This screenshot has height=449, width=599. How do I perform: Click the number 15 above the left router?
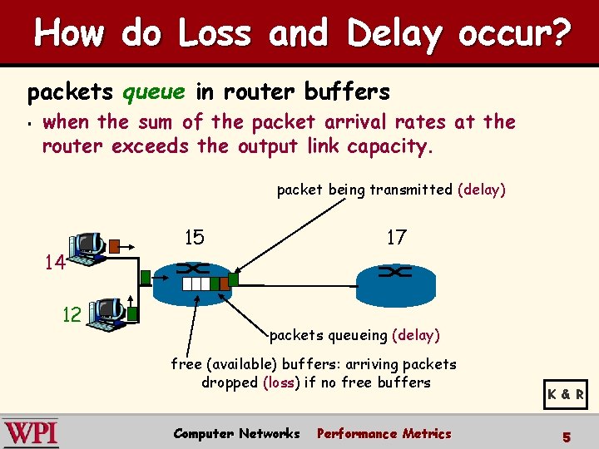coord(194,238)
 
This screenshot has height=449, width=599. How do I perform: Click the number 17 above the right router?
coord(396,238)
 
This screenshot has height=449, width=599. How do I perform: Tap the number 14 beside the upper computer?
coord(55,263)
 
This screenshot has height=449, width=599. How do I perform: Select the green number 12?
coord(72,314)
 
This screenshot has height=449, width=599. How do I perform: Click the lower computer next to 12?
coord(109,313)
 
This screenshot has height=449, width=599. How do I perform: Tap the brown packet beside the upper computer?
coord(115,245)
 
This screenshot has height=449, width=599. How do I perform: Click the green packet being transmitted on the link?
coord(233,280)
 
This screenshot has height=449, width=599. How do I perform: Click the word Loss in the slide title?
coord(215,34)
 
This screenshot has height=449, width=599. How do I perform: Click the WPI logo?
coord(31,433)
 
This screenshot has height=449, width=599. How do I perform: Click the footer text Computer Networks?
coord(236,433)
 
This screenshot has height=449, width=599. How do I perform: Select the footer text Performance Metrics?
coord(384,433)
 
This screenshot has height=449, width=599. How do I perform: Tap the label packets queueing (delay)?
coord(354,335)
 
